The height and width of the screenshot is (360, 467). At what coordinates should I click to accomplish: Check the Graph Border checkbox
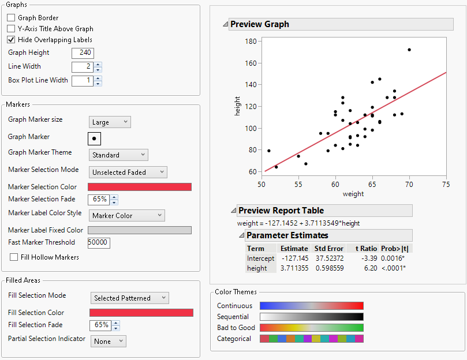[x=11, y=18]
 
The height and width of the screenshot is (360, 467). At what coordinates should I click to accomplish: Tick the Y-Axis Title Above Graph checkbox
[x=11, y=29]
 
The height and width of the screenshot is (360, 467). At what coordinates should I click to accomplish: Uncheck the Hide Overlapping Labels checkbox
[x=11, y=40]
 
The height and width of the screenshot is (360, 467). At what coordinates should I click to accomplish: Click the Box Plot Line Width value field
[x=82, y=81]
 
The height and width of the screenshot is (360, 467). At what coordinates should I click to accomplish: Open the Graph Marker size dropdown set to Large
[x=110, y=122]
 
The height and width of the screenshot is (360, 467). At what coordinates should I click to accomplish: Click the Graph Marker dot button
[x=94, y=138]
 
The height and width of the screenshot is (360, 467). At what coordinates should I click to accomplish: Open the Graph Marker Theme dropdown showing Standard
[x=119, y=155]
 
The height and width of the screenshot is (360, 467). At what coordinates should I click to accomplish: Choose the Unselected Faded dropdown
[x=128, y=172]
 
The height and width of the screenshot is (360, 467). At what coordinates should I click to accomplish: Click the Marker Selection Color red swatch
[x=139, y=187]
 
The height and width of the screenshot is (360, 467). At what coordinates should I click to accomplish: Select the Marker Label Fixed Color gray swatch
[x=139, y=230]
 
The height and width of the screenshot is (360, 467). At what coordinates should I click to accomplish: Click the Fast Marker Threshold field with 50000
[x=99, y=243]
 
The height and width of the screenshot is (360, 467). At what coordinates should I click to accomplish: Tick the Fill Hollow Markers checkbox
[x=14, y=257]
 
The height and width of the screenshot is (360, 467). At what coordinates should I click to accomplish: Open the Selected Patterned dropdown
[x=129, y=298]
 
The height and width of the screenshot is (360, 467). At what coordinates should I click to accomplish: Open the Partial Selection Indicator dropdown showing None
[x=108, y=342]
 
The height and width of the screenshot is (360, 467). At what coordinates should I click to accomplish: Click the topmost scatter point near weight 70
[x=409, y=50]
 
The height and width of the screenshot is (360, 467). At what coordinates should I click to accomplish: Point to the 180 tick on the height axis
[x=251, y=42]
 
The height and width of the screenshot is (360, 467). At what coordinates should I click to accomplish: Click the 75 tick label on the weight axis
[x=446, y=184]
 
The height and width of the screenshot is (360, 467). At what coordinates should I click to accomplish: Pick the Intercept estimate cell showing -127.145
[x=294, y=258]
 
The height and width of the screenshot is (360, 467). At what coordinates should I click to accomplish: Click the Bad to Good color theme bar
[x=312, y=328]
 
